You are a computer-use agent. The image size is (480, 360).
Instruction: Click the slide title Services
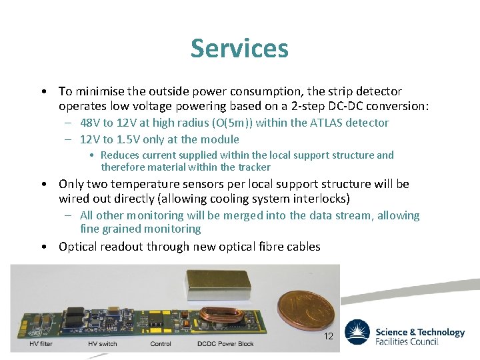239,49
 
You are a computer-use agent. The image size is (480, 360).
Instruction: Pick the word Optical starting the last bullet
77,247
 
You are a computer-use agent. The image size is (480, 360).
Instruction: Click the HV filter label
41,345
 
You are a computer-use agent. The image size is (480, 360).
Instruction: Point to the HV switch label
102,345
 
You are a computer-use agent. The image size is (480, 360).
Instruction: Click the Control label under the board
161,345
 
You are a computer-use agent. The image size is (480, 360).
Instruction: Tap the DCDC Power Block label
225,345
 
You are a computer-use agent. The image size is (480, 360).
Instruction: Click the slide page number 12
328,337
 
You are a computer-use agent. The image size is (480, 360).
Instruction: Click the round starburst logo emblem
357,332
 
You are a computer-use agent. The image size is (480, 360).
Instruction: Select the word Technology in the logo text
438,332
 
